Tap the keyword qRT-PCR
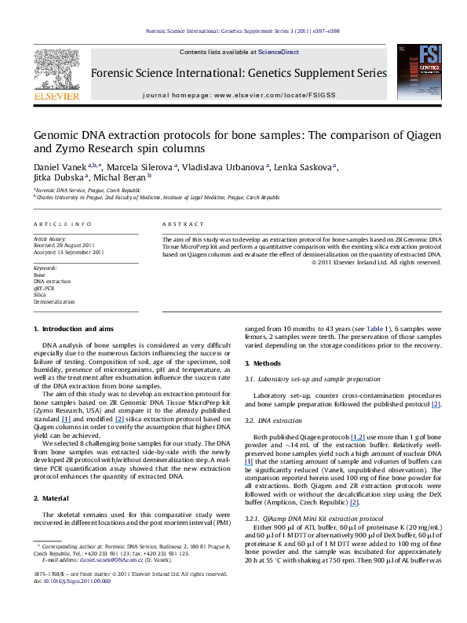(45, 287)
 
